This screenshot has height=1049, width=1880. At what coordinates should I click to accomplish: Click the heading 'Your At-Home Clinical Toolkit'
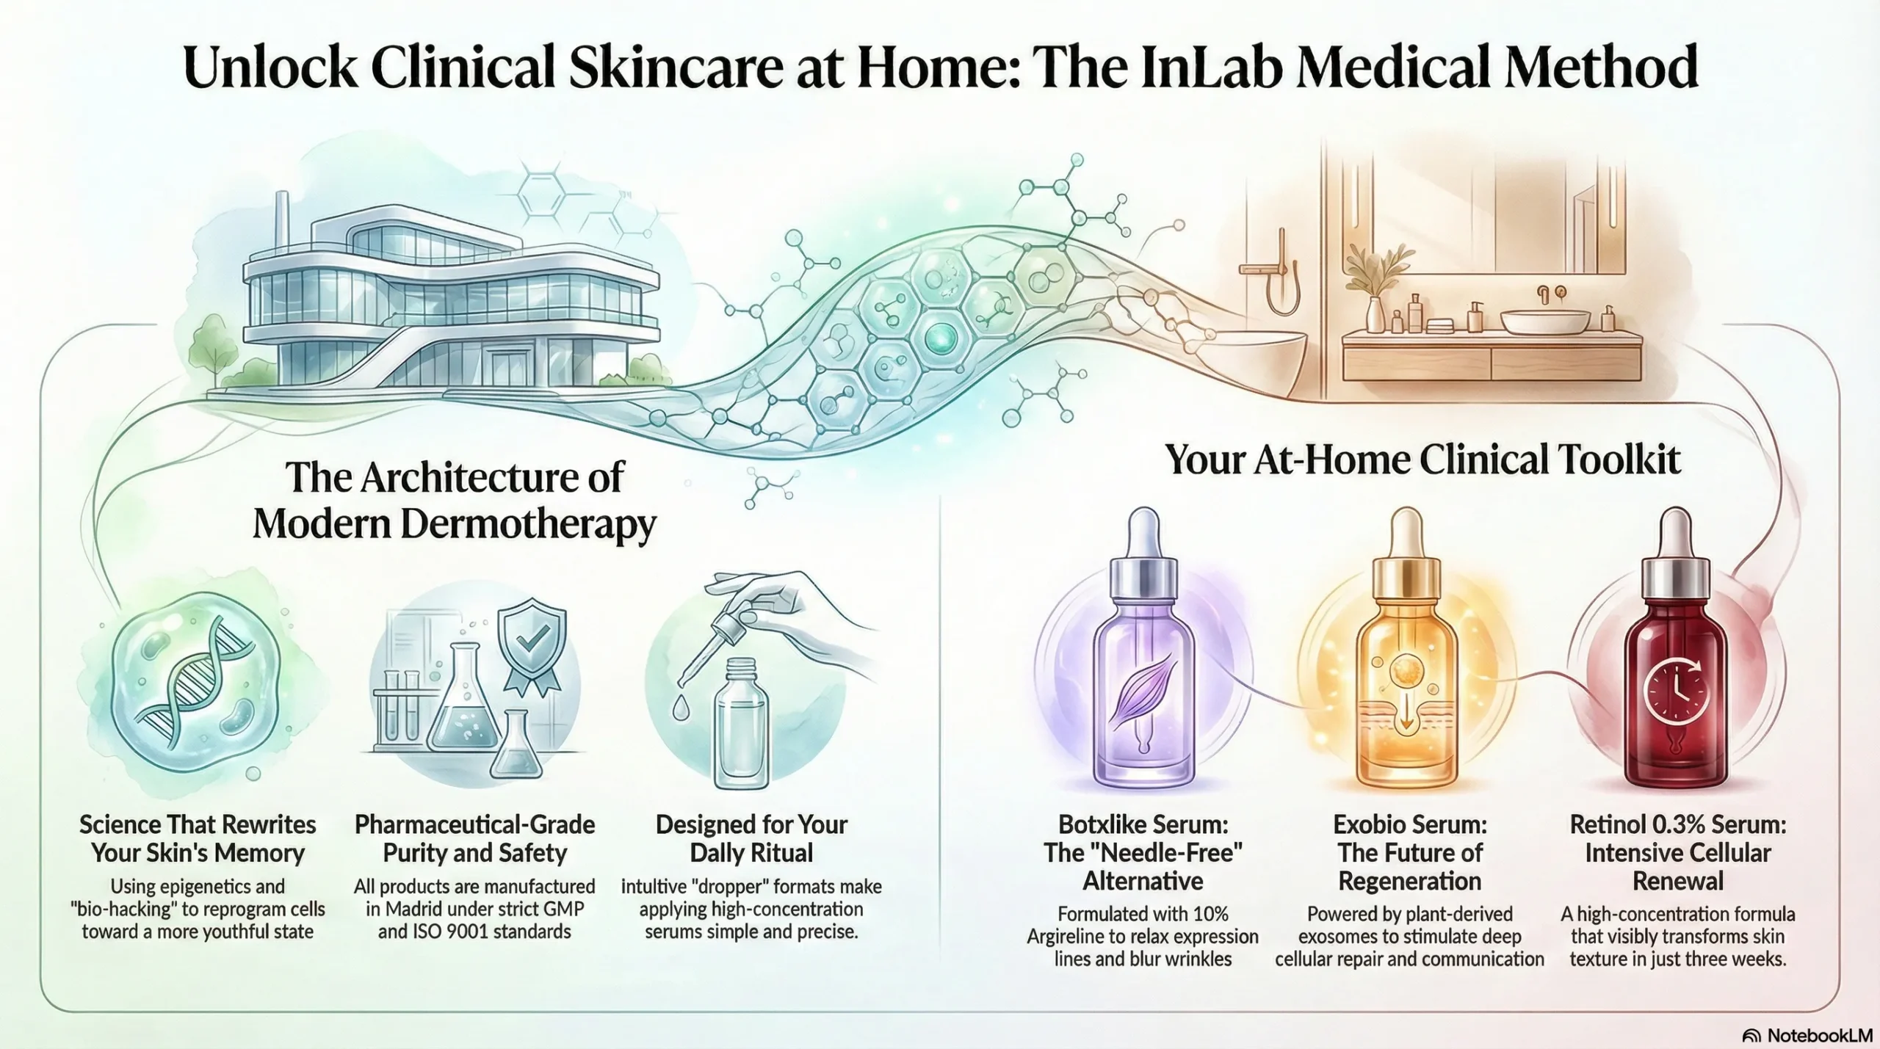click(1422, 460)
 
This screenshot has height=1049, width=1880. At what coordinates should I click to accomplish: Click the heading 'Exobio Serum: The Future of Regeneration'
click(1409, 852)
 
